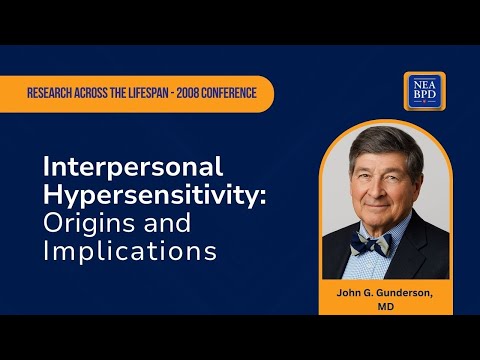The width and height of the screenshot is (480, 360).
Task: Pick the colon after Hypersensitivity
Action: pos(264,196)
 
